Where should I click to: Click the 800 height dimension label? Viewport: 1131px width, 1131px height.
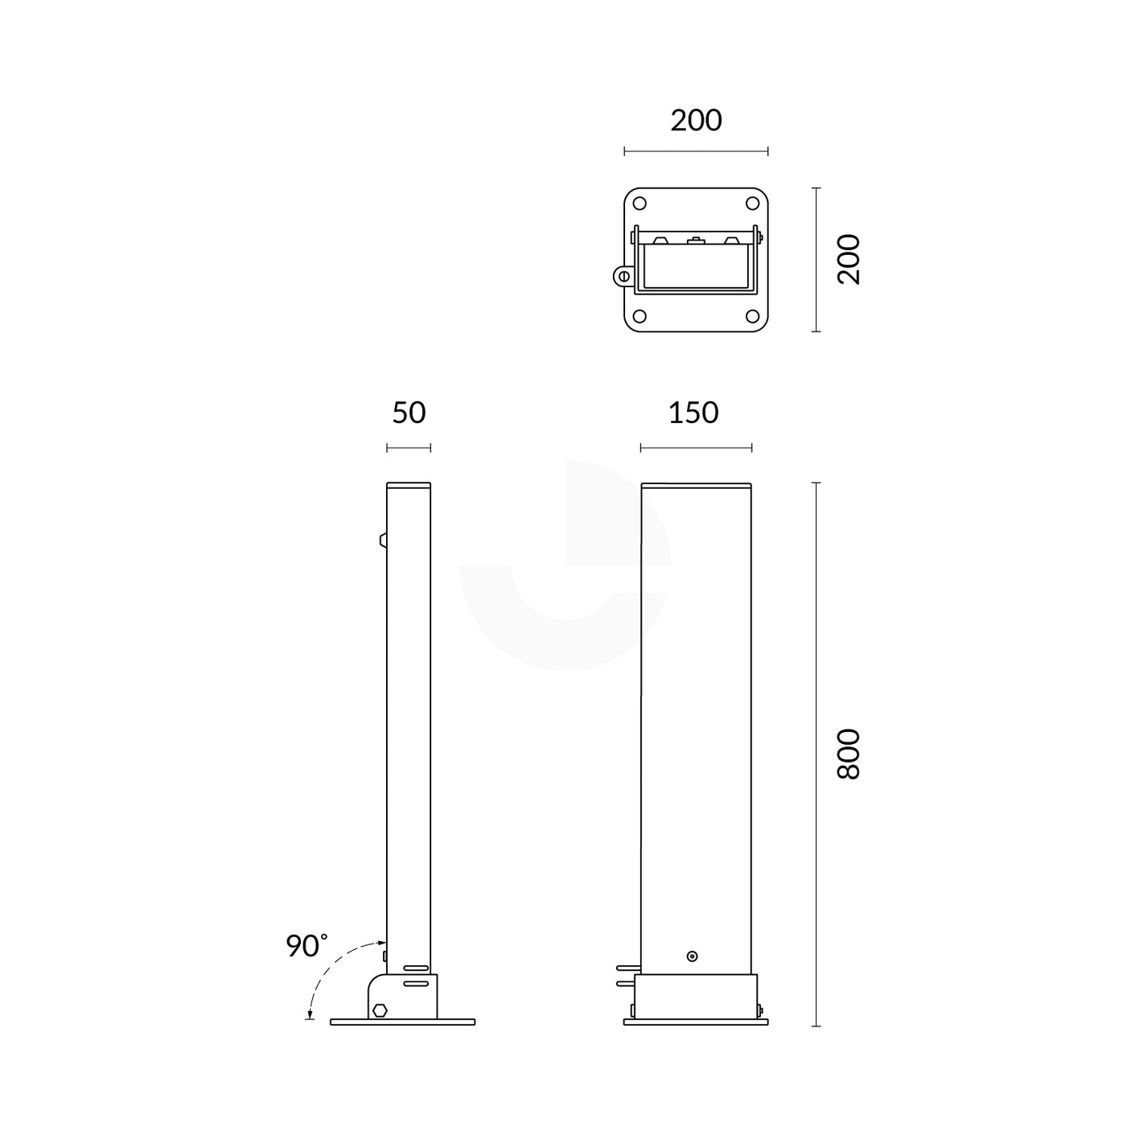coord(849,754)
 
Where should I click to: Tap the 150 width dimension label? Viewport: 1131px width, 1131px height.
coord(693,413)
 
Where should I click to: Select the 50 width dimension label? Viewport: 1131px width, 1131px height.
coord(409,413)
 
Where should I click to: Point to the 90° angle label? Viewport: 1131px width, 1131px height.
coord(306,946)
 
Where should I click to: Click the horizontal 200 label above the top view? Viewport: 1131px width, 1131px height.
coord(697,121)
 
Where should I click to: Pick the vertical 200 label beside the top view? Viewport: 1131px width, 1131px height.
coord(849,259)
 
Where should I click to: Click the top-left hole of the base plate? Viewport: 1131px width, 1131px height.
coord(640,204)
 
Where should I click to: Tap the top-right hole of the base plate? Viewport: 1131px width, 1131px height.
coord(753,204)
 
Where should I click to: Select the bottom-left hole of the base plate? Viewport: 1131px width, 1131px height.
coord(640,315)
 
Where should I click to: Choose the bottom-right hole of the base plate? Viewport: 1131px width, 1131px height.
coord(753,315)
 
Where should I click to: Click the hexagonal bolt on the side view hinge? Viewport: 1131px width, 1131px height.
coord(380,1010)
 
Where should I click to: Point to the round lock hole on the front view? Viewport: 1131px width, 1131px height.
coord(692,956)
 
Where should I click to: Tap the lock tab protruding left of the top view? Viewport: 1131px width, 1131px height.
coord(622,276)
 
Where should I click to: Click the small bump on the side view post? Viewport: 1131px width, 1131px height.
coord(384,539)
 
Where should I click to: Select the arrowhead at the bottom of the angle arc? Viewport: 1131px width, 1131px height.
coord(310,1016)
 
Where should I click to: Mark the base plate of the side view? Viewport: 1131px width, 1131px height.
coord(402,1022)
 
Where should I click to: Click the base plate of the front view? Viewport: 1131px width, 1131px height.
coord(696,1022)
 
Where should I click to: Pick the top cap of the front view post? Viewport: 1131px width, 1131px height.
coord(696,485)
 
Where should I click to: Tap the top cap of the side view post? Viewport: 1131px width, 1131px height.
coord(409,485)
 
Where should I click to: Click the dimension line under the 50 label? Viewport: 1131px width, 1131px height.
coord(409,448)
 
